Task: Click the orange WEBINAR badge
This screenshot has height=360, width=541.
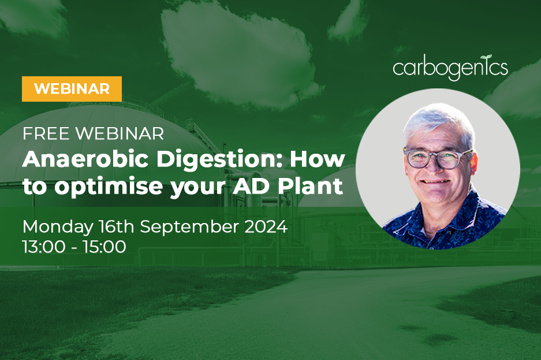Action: (x=72, y=88)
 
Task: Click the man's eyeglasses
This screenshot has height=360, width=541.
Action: (x=437, y=158)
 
